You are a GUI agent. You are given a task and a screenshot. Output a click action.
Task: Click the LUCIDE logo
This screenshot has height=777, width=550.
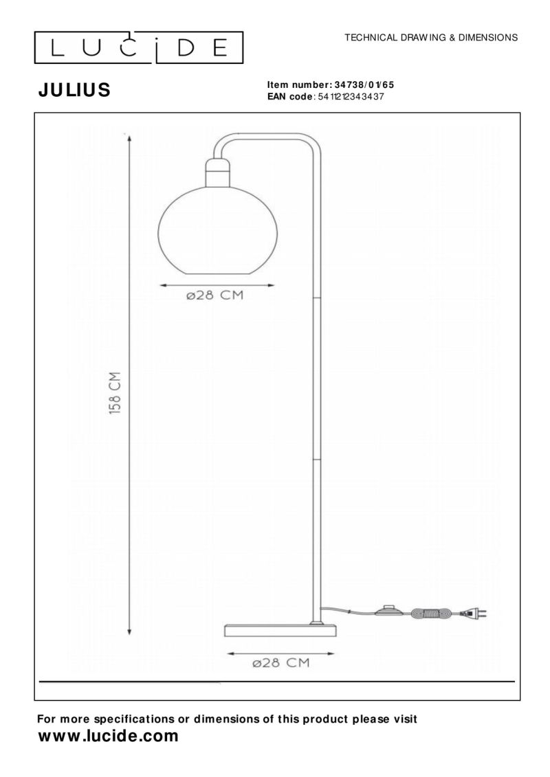(138, 47)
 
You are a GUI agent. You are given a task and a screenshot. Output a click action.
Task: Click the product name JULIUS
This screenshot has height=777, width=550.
(74, 90)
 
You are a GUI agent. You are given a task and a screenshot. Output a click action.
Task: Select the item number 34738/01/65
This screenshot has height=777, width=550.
(364, 85)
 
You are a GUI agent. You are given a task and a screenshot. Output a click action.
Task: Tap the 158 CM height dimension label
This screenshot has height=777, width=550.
(115, 393)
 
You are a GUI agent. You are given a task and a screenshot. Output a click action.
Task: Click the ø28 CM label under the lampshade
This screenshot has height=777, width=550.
(215, 295)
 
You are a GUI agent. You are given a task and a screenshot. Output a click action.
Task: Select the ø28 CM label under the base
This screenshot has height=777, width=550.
(280, 663)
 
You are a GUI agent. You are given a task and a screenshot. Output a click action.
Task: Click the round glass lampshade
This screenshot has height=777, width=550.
(217, 230)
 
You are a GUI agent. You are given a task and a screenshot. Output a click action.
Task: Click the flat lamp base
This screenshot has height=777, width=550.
(280, 630)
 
